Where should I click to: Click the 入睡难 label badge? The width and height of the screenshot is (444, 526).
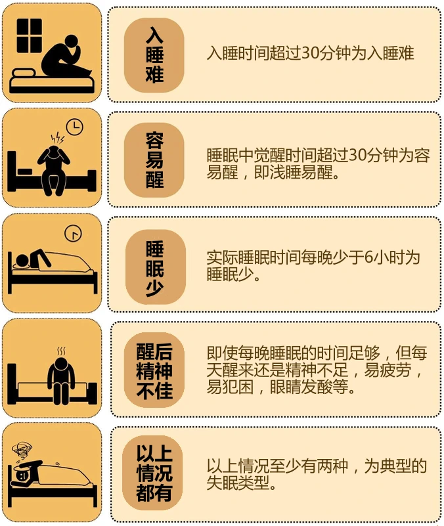pos(154,54)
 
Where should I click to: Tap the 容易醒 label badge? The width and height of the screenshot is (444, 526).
pos(154,160)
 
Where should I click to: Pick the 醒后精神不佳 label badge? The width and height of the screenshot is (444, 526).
pos(154,370)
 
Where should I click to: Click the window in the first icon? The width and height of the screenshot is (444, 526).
pos(30,35)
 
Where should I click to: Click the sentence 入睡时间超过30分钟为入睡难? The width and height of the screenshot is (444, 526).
pos(310,54)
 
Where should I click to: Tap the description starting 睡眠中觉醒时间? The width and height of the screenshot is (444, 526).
pos(318,164)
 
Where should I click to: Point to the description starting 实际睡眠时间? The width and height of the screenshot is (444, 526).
pos(313,266)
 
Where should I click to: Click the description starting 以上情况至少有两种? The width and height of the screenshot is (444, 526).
pos(317,475)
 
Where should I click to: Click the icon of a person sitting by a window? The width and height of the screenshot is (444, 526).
pos(52,54)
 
